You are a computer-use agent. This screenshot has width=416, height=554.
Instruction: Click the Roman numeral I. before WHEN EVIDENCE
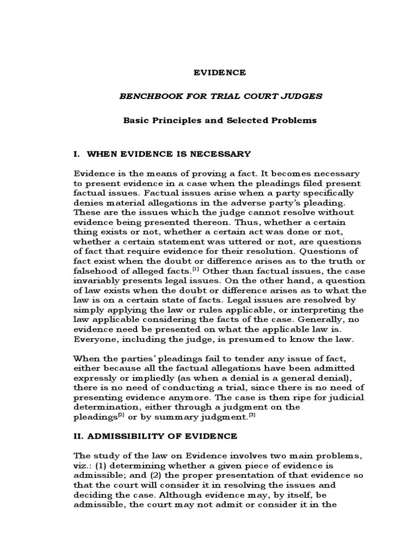click(x=77, y=154)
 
